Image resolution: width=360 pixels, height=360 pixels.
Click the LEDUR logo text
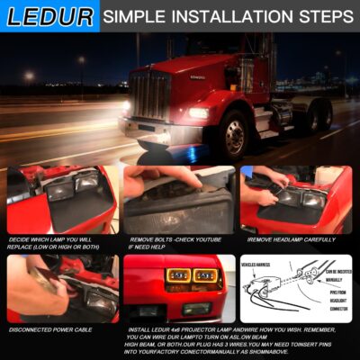click(x=49, y=16)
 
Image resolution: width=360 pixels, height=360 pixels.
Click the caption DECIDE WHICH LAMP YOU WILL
click(x=52, y=239)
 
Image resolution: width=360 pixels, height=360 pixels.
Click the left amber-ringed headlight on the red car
click(x=177, y=274)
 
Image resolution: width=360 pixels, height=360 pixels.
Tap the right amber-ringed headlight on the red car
click(x=205, y=274)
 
